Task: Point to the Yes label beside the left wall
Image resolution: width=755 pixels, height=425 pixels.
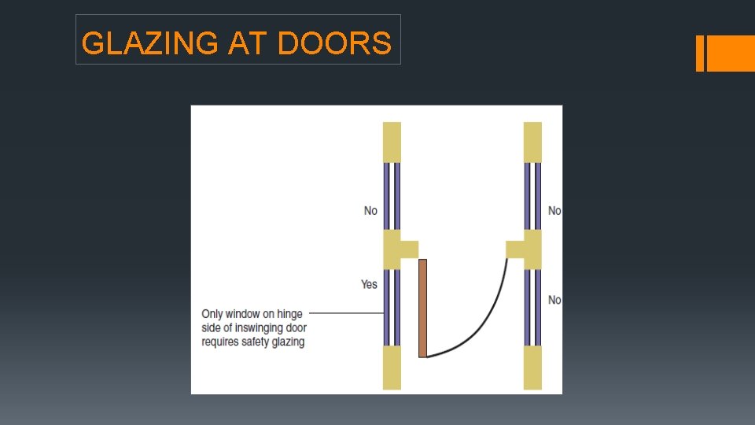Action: [x=370, y=284]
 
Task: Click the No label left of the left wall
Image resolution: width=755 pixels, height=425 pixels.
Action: [x=370, y=210]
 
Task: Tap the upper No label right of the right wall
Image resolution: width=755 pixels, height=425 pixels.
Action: [x=554, y=210]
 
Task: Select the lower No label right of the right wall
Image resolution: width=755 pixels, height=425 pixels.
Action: [x=554, y=300]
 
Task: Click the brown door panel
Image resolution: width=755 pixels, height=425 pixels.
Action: [x=422, y=308]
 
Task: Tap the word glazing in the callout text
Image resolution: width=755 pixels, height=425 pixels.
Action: [x=289, y=342]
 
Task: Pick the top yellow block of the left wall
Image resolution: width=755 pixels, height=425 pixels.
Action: [x=392, y=142]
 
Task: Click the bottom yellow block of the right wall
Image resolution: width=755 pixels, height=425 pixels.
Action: [x=532, y=368]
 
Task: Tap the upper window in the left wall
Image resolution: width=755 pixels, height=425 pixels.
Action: [x=392, y=196]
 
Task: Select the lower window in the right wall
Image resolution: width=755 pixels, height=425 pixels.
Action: [x=532, y=308]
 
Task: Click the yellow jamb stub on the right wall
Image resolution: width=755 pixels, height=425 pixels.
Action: [x=515, y=249]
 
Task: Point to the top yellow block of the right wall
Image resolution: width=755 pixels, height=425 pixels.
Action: [x=532, y=142]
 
